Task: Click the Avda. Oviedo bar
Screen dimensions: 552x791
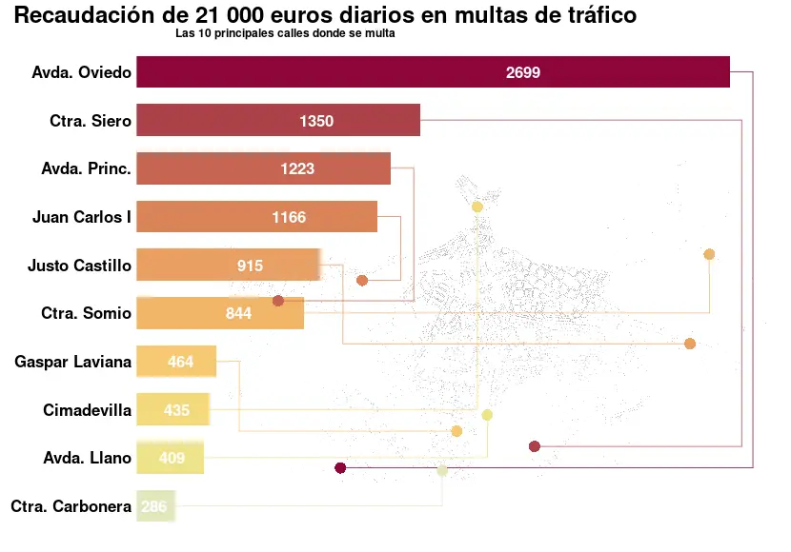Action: click(x=433, y=72)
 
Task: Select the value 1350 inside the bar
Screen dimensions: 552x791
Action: click(x=316, y=121)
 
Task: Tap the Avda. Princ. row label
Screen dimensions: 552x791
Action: click(x=86, y=168)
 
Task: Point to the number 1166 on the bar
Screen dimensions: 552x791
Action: click(x=289, y=217)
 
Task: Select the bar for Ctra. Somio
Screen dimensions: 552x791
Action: click(x=220, y=313)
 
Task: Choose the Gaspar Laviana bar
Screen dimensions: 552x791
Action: click(x=176, y=362)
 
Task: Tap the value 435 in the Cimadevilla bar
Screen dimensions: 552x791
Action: click(x=176, y=410)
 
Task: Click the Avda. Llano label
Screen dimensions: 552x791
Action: click(x=87, y=458)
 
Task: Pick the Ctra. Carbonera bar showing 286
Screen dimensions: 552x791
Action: click(x=155, y=506)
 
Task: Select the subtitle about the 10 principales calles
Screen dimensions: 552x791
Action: click(x=285, y=33)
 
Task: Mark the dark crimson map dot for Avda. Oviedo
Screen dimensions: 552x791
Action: click(x=340, y=467)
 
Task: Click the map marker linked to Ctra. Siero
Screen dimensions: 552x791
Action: click(x=534, y=446)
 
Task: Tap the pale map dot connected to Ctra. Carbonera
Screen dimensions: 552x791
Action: click(x=442, y=470)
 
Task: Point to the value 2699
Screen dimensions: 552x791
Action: click(x=523, y=72)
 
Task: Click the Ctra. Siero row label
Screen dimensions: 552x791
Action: click(x=91, y=121)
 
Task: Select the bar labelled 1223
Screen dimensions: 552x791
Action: click(x=263, y=168)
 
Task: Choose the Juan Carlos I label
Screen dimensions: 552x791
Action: click(x=81, y=217)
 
